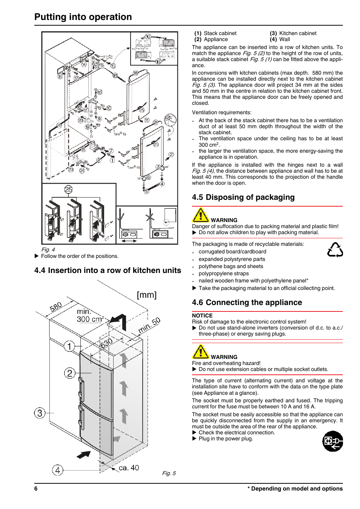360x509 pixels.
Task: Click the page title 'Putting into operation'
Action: pos(83,17)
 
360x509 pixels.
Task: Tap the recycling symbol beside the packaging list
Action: pos(335,250)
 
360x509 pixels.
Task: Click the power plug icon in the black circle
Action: pos(332,441)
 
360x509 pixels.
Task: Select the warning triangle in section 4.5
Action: pos(200,215)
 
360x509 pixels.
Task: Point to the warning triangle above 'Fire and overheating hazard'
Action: pos(200,352)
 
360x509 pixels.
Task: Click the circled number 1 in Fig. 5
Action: pos(69,346)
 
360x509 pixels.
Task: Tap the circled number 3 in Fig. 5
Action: pos(40,413)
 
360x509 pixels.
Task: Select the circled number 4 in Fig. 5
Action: pos(57,470)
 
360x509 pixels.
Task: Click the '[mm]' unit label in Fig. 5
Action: pos(146,295)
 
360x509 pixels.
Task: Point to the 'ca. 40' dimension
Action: pos(129,468)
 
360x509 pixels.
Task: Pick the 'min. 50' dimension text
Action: pos(149,325)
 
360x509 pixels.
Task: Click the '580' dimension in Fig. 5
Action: pos(56,307)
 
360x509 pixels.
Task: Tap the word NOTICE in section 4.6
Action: pos(202,316)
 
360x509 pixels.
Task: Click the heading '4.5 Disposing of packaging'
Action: pos(243,197)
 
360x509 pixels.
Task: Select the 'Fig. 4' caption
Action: pos(48,250)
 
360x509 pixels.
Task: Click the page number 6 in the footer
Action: pos(36,489)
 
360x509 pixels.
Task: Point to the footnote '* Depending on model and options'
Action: pos(295,489)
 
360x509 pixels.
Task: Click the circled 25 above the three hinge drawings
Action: pos(68,190)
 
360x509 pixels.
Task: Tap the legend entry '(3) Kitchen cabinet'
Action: pos(293,33)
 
